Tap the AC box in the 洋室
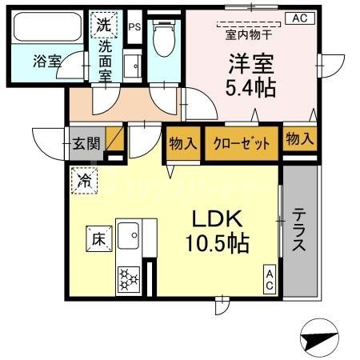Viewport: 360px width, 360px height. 299,18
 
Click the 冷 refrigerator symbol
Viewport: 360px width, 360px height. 82,178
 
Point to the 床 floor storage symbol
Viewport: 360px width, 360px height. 97,238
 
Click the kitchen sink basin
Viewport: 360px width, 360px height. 128,235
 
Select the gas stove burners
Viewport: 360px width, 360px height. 128,280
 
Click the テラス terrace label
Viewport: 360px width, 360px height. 298,231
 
